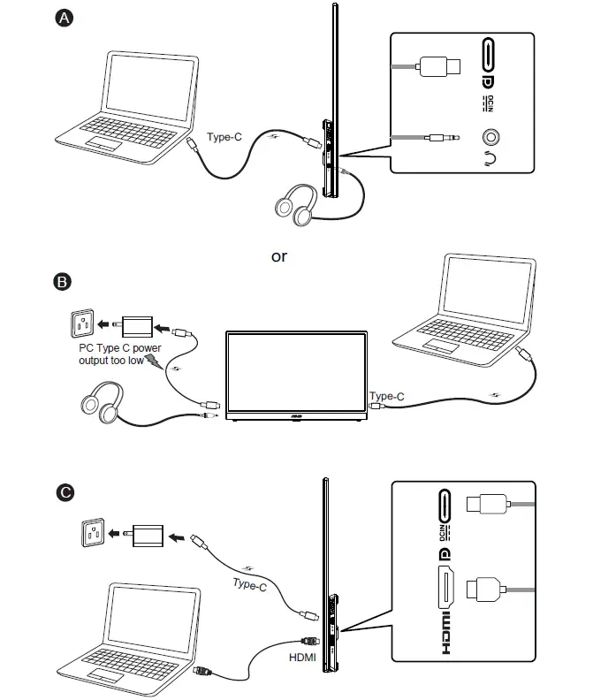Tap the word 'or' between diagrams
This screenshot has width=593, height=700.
(279, 256)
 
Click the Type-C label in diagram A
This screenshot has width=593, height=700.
(224, 137)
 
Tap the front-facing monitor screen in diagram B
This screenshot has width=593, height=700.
(297, 371)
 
